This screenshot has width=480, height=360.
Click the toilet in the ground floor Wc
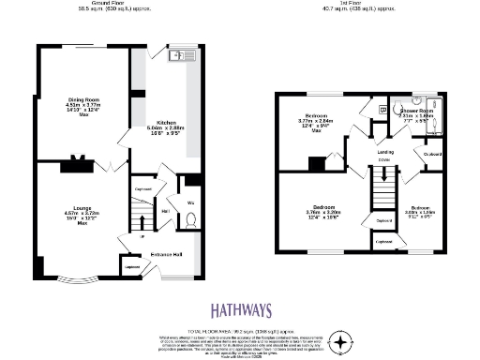[x=190, y=221]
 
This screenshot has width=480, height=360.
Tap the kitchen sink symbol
[x=178, y=56]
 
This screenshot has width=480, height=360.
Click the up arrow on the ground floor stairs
[x=142, y=236]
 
